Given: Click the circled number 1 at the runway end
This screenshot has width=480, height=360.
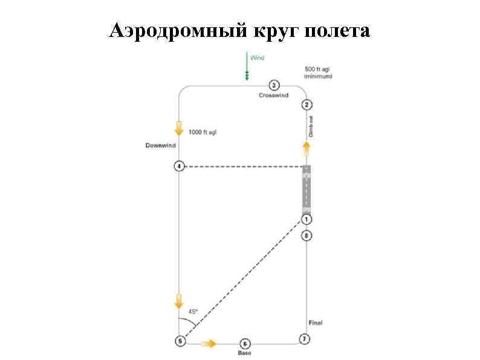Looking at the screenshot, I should tap(306, 218).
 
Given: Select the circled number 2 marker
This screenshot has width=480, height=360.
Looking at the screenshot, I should tap(306, 105).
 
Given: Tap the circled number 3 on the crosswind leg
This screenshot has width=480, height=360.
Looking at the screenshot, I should tap(273, 85).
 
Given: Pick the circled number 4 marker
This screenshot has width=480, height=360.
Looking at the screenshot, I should tap(179, 166).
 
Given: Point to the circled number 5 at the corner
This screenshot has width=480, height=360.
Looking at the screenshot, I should tap(180, 341).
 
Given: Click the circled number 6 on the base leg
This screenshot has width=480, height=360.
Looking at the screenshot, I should tap(244, 343).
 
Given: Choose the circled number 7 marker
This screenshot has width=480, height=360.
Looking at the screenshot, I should tap(305, 339).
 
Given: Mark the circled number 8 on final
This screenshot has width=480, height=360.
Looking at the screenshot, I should tap(306, 235).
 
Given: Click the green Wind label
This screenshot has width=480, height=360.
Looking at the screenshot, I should tap(257, 58).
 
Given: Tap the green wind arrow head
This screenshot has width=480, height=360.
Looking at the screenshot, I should tap(247, 76).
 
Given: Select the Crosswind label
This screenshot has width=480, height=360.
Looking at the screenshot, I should tap(273, 95).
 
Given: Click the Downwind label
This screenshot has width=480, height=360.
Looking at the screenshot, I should tap(160, 145).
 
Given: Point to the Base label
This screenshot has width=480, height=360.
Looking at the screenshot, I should tap(244, 352).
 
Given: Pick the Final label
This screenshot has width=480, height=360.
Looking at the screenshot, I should tap(315, 322).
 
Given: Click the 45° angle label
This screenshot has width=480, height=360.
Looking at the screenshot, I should tap(193, 311).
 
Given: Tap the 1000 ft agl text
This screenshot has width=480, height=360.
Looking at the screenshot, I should tap(202, 131).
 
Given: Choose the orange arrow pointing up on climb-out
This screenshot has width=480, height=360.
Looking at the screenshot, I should tap(306, 148).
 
